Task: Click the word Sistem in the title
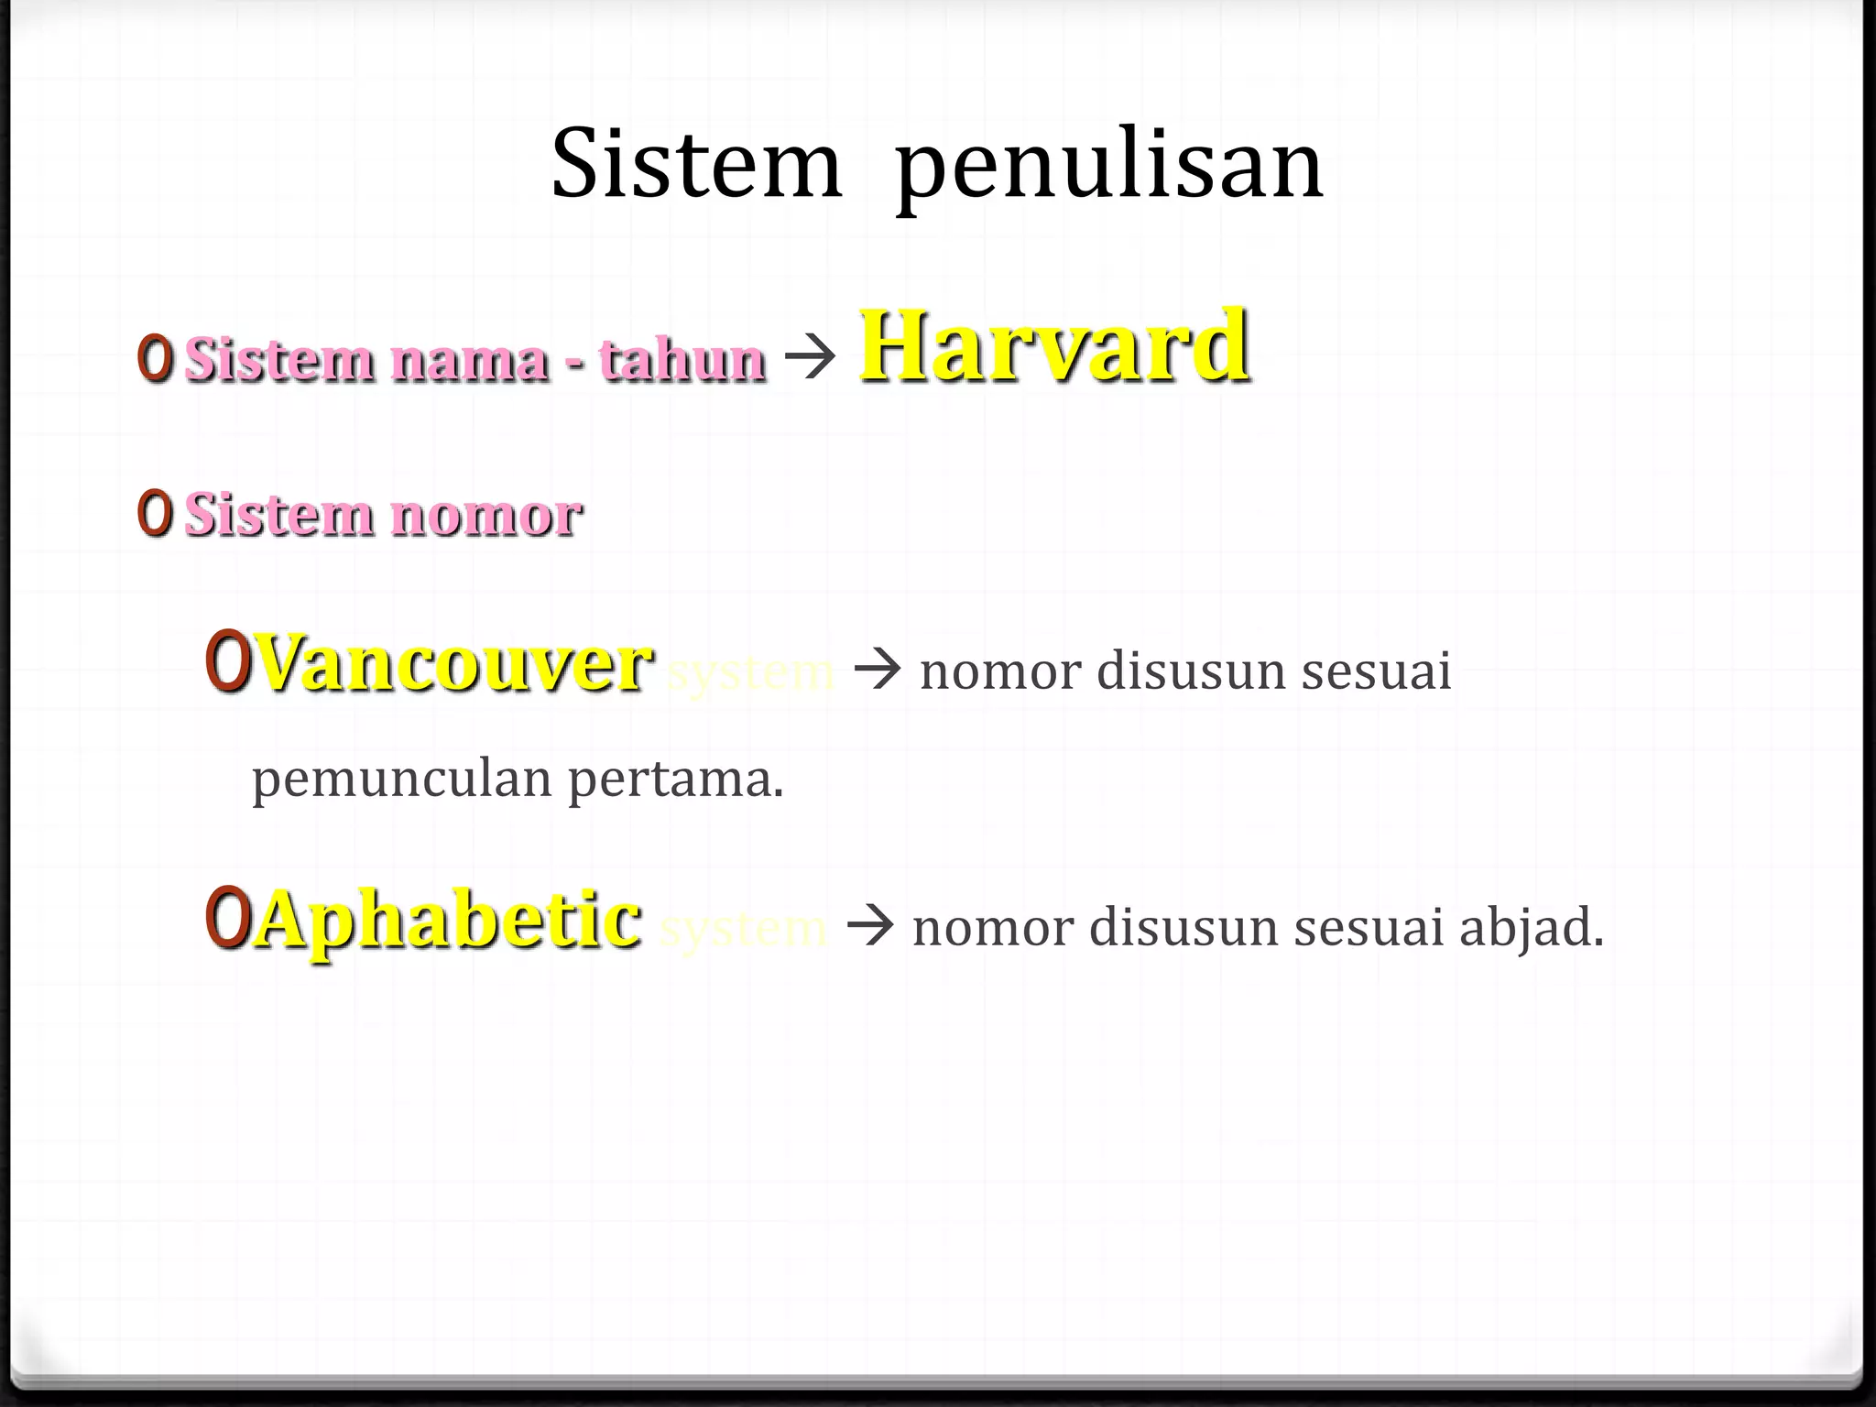(696, 165)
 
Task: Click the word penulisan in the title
(1109, 168)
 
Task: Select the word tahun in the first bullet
(682, 359)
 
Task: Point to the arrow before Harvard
(811, 357)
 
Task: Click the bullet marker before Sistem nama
(155, 359)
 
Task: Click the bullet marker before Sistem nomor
(155, 514)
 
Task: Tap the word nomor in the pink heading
(486, 516)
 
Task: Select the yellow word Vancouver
(454, 663)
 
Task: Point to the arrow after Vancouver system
(878, 671)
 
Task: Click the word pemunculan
(402, 780)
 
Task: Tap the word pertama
(676, 780)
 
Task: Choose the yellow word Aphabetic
(448, 920)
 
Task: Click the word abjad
(1531, 927)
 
